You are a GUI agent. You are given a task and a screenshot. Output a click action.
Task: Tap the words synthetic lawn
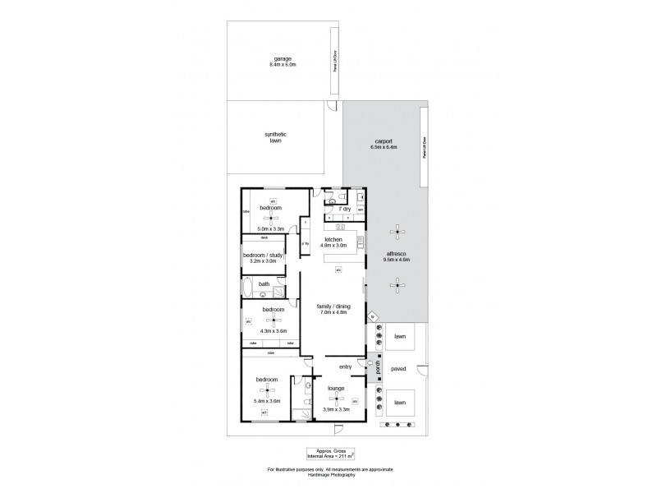tap(275, 137)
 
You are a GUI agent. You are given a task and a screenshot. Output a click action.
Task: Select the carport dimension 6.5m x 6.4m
tap(384, 147)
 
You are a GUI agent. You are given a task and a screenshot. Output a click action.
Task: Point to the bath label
tap(264, 284)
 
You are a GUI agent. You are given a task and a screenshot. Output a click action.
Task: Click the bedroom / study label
tap(264, 256)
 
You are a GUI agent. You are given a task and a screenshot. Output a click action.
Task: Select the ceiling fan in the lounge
tap(336, 399)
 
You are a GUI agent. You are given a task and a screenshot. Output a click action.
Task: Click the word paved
tap(399, 369)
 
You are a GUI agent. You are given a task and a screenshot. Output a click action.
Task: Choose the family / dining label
tap(332, 306)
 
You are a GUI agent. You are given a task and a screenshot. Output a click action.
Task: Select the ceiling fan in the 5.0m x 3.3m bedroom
tap(272, 219)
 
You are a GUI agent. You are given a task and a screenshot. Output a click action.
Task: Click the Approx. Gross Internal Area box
tap(330, 452)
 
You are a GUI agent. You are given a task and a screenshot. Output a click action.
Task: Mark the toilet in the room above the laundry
tap(333, 199)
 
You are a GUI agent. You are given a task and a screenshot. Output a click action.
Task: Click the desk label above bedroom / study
tap(264, 237)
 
